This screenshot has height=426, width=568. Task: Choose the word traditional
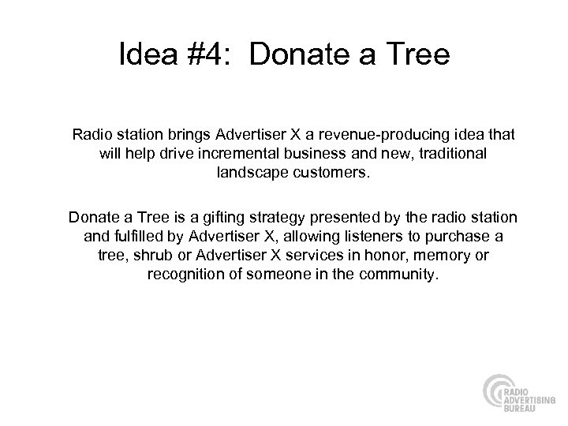pos(445,153)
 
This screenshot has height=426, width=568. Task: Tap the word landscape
pos(248,173)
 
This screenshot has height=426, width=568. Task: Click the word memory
pos(422,256)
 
